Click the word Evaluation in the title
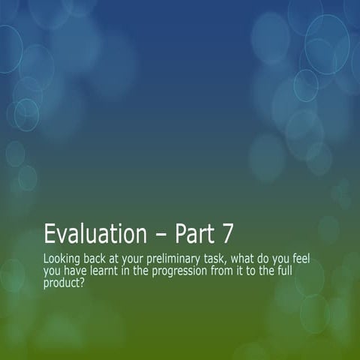point(95,234)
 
